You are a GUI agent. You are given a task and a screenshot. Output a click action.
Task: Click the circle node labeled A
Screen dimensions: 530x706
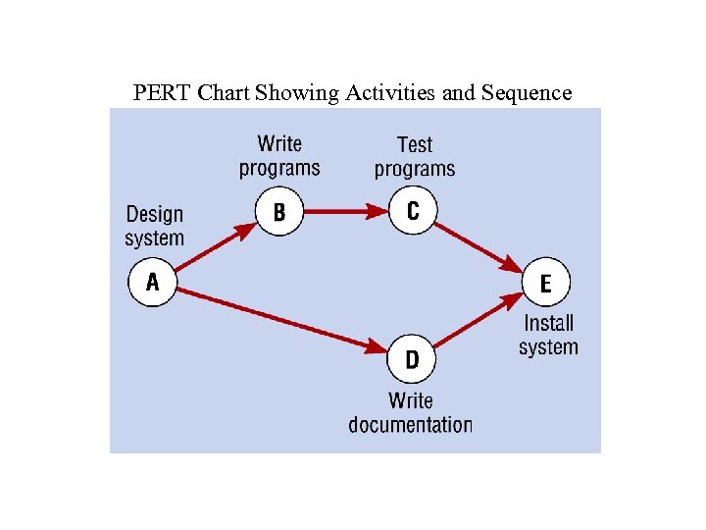(x=152, y=283)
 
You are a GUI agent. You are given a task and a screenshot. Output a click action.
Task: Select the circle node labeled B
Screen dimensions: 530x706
(x=279, y=212)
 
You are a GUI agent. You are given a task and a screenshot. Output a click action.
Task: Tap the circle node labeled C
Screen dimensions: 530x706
(x=413, y=211)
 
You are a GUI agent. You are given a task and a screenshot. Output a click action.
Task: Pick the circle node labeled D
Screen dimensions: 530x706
(x=412, y=359)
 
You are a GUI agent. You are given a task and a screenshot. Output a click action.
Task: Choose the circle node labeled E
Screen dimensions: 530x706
(x=545, y=284)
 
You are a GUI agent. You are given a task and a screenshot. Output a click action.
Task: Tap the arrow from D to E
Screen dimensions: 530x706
(x=479, y=321)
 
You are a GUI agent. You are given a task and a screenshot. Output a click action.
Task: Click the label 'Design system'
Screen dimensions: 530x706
(x=155, y=226)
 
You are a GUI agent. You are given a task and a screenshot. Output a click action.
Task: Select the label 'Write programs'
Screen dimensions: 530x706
(x=279, y=156)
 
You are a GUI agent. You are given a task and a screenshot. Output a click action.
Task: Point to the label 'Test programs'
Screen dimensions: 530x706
(x=415, y=157)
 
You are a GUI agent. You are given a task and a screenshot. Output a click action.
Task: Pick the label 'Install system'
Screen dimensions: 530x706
(x=548, y=335)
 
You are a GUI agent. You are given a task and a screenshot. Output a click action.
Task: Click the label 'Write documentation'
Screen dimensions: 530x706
(x=410, y=412)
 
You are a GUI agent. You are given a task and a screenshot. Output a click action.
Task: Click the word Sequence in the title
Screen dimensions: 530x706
(x=526, y=93)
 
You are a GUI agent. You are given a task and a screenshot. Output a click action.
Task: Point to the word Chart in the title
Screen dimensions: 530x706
(x=223, y=93)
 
